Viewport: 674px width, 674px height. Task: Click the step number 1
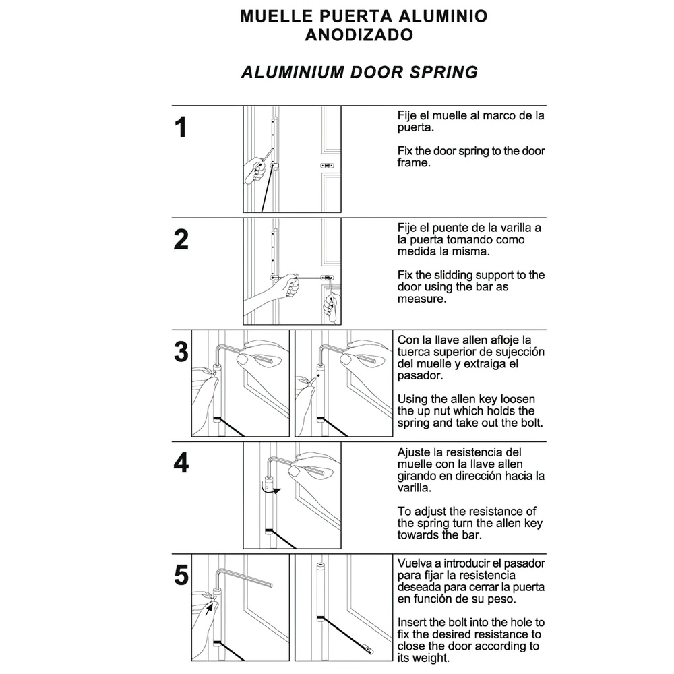(x=181, y=128)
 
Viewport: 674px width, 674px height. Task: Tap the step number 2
(x=181, y=240)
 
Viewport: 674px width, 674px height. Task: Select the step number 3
(x=181, y=352)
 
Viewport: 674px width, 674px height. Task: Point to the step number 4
(x=181, y=464)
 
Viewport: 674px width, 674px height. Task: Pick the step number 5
(x=181, y=576)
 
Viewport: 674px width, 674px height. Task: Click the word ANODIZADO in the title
(x=359, y=35)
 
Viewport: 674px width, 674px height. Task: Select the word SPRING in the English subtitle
(x=443, y=72)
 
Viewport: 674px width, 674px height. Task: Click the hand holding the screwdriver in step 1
(x=255, y=171)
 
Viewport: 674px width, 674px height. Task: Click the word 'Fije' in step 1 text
(x=407, y=115)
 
